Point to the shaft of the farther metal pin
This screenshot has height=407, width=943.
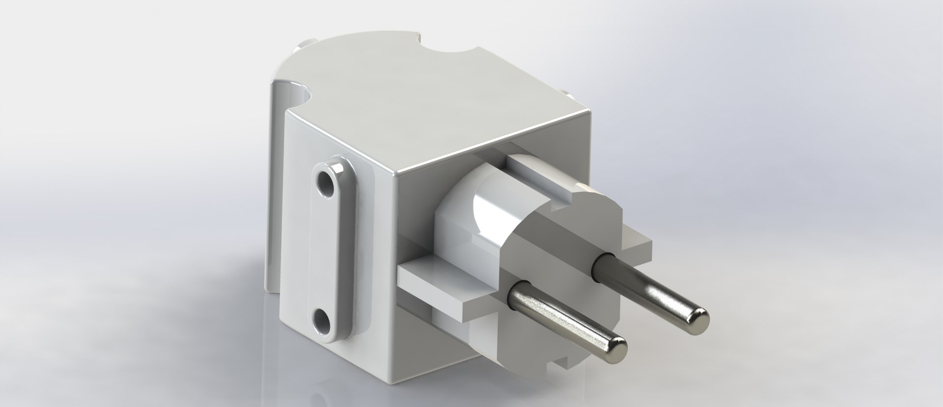point(648,289)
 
